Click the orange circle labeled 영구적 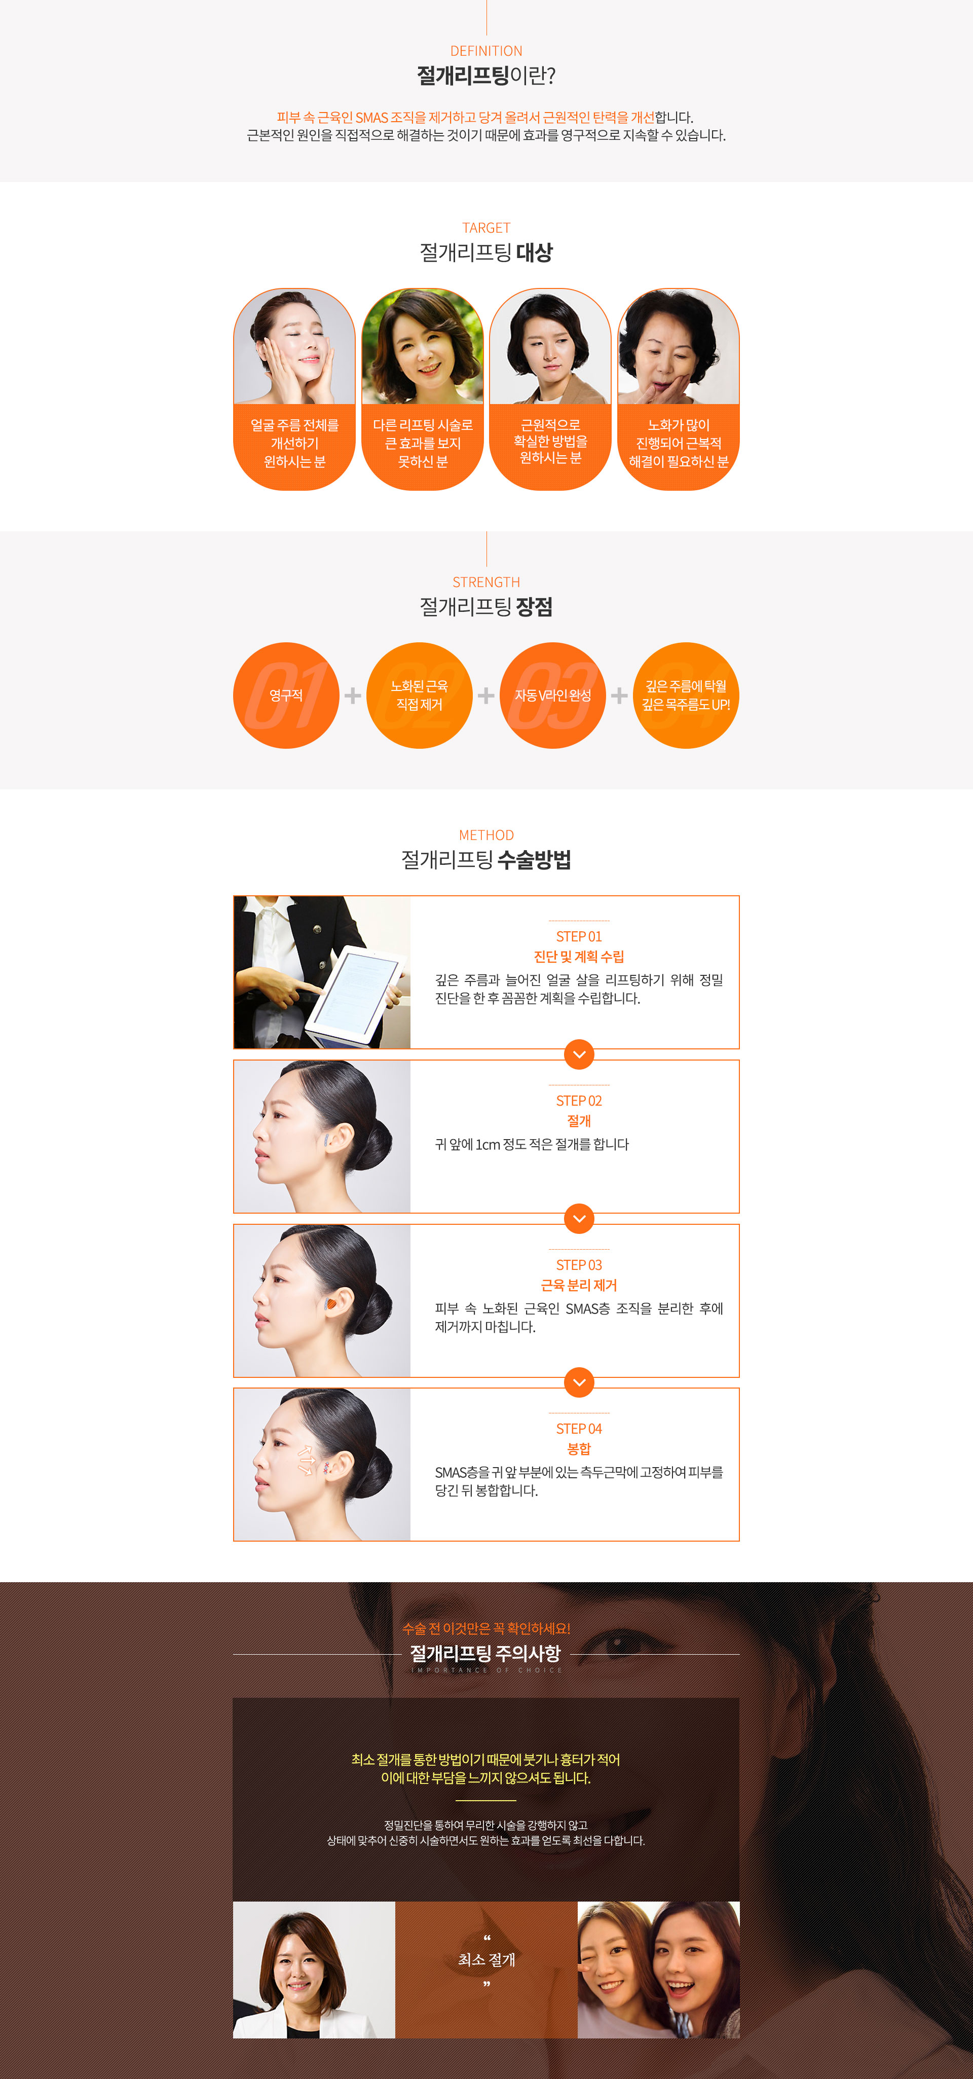pyautogui.click(x=286, y=695)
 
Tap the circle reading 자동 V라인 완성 pyautogui.click(x=553, y=695)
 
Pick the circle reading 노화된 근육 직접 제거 pyautogui.click(x=420, y=695)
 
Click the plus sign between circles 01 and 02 pyautogui.click(x=353, y=695)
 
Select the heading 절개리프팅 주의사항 pyautogui.click(x=485, y=1653)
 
